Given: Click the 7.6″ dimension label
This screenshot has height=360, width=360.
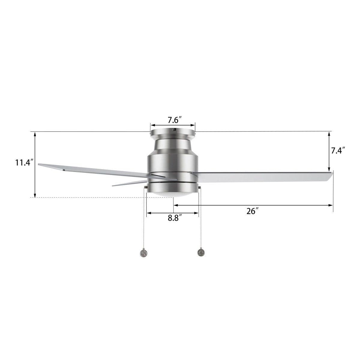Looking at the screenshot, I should click(173, 120).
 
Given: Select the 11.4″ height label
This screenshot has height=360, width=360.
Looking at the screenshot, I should click(24, 163).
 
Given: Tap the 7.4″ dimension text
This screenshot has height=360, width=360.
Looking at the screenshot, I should click(338, 150).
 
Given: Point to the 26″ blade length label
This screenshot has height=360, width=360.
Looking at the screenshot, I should click(253, 211).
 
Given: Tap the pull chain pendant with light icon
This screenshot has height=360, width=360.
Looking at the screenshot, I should click(200, 253).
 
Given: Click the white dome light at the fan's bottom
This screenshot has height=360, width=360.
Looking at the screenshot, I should click(173, 194).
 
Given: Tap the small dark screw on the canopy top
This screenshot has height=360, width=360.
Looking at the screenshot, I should click(173, 130).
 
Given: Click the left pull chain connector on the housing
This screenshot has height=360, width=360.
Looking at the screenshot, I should click(146, 187).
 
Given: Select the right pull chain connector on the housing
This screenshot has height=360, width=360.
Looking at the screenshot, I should click(199, 187).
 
